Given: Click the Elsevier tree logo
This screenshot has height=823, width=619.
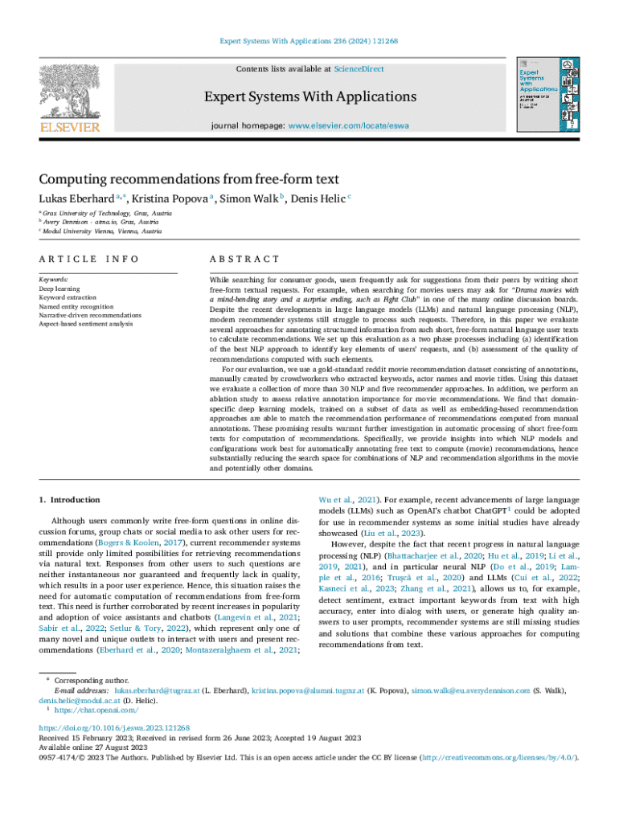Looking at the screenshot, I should tap(71, 92).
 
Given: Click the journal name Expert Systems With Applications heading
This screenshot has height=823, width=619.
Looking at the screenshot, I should tap(309, 97).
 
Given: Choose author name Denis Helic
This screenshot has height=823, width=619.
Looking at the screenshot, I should tap(314, 199).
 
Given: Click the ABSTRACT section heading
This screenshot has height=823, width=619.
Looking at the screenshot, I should tap(244, 259).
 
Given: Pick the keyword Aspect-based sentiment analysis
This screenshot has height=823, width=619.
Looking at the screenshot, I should tap(86, 324).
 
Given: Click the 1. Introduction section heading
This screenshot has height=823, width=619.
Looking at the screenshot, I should tap(70, 499).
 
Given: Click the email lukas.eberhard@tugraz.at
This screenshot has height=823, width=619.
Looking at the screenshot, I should tap(155, 690).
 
